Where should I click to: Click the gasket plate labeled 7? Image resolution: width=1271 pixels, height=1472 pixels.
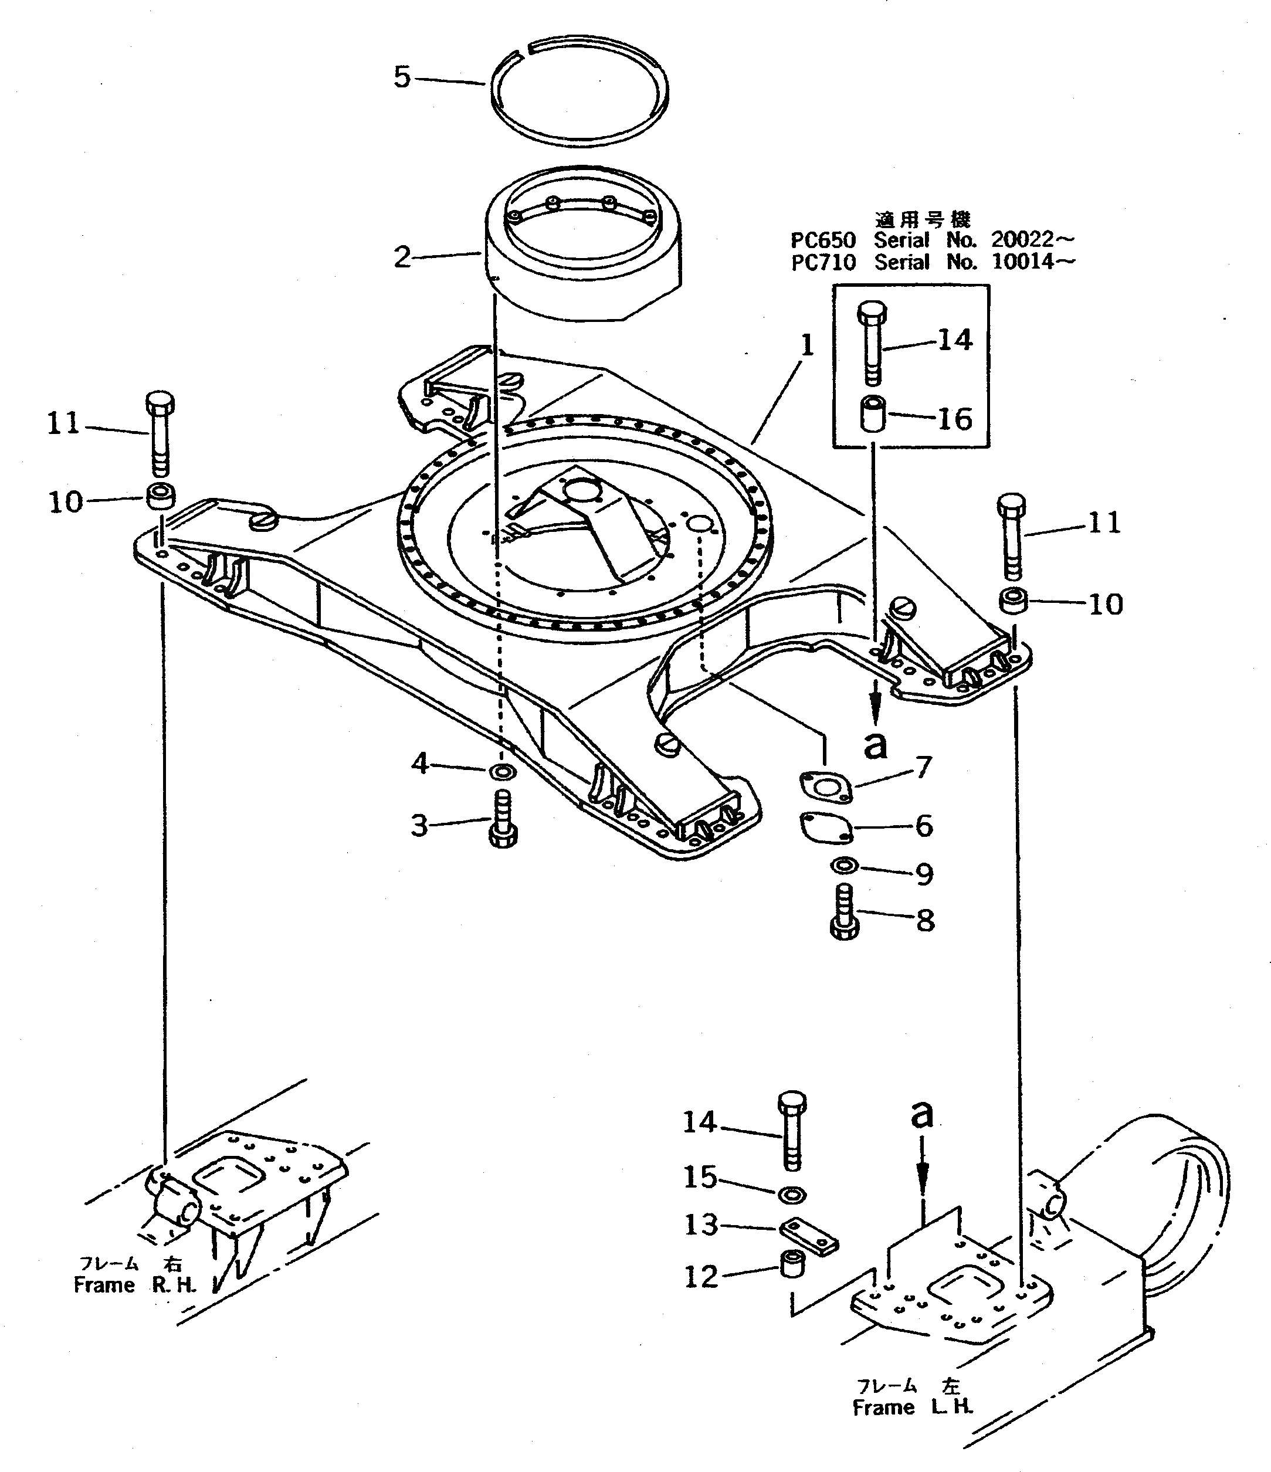click(x=826, y=788)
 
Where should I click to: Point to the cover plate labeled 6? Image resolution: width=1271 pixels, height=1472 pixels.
click(x=826, y=827)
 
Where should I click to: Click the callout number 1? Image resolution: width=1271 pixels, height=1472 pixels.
click(x=807, y=346)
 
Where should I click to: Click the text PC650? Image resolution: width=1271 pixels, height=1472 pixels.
click(x=823, y=240)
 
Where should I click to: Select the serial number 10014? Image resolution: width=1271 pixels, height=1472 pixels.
click(x=1023, y=262)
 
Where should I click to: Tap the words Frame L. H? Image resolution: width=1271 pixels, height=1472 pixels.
click(x=912, y=1407)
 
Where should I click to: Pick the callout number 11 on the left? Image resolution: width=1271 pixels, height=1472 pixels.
click(x=63, y=424)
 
